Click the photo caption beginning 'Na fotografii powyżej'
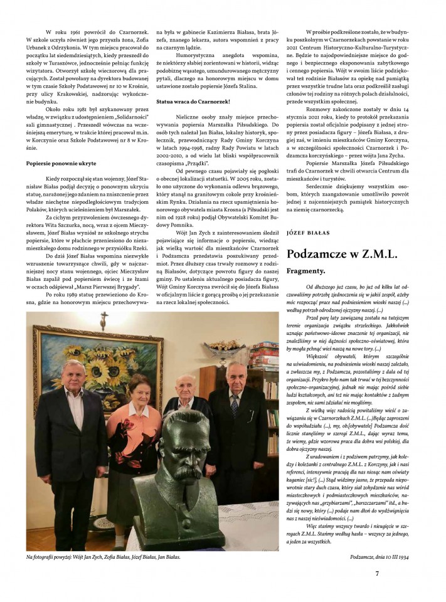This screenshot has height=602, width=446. point(104,556)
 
